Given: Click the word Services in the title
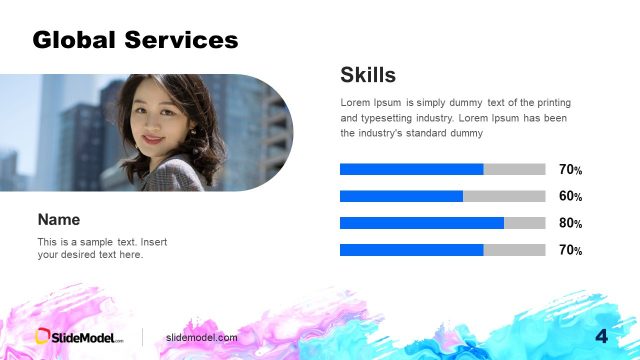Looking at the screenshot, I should coord(181,40).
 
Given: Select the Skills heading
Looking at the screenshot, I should coord(368,74).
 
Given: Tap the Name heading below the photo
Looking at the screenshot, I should coord(58,219).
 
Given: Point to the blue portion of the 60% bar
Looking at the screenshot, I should coord(401,196).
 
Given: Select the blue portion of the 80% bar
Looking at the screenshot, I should coord(421,223).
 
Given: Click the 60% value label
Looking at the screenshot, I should coord(570,197).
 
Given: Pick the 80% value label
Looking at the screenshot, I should coord(570,224).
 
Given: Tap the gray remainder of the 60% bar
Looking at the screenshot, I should coord(504,196).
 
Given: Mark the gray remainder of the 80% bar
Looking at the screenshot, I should coord(525,223).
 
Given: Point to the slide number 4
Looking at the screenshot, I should coord(601,336).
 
